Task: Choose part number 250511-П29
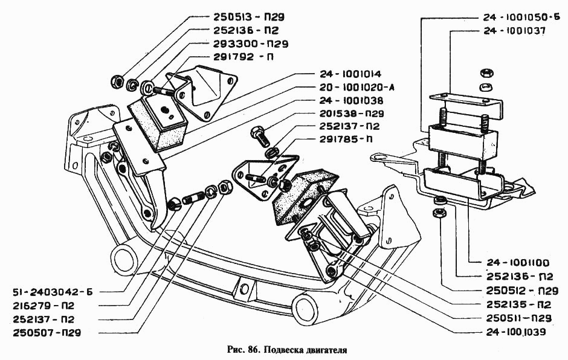[x=520, y=318]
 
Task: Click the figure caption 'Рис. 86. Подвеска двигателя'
[x=283, y=349]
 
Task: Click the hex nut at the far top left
[x=117, y=80]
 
